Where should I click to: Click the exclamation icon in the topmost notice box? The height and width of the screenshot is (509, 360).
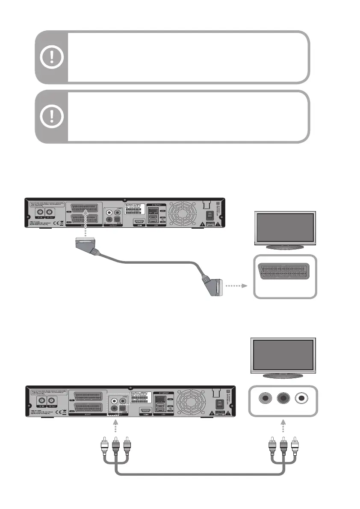coord(51,56)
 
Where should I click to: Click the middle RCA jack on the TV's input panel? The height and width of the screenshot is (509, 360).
coord(283,398)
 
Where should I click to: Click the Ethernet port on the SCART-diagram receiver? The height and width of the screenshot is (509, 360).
coord(155,211)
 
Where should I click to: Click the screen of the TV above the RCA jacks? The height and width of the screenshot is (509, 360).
coord(283,354)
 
